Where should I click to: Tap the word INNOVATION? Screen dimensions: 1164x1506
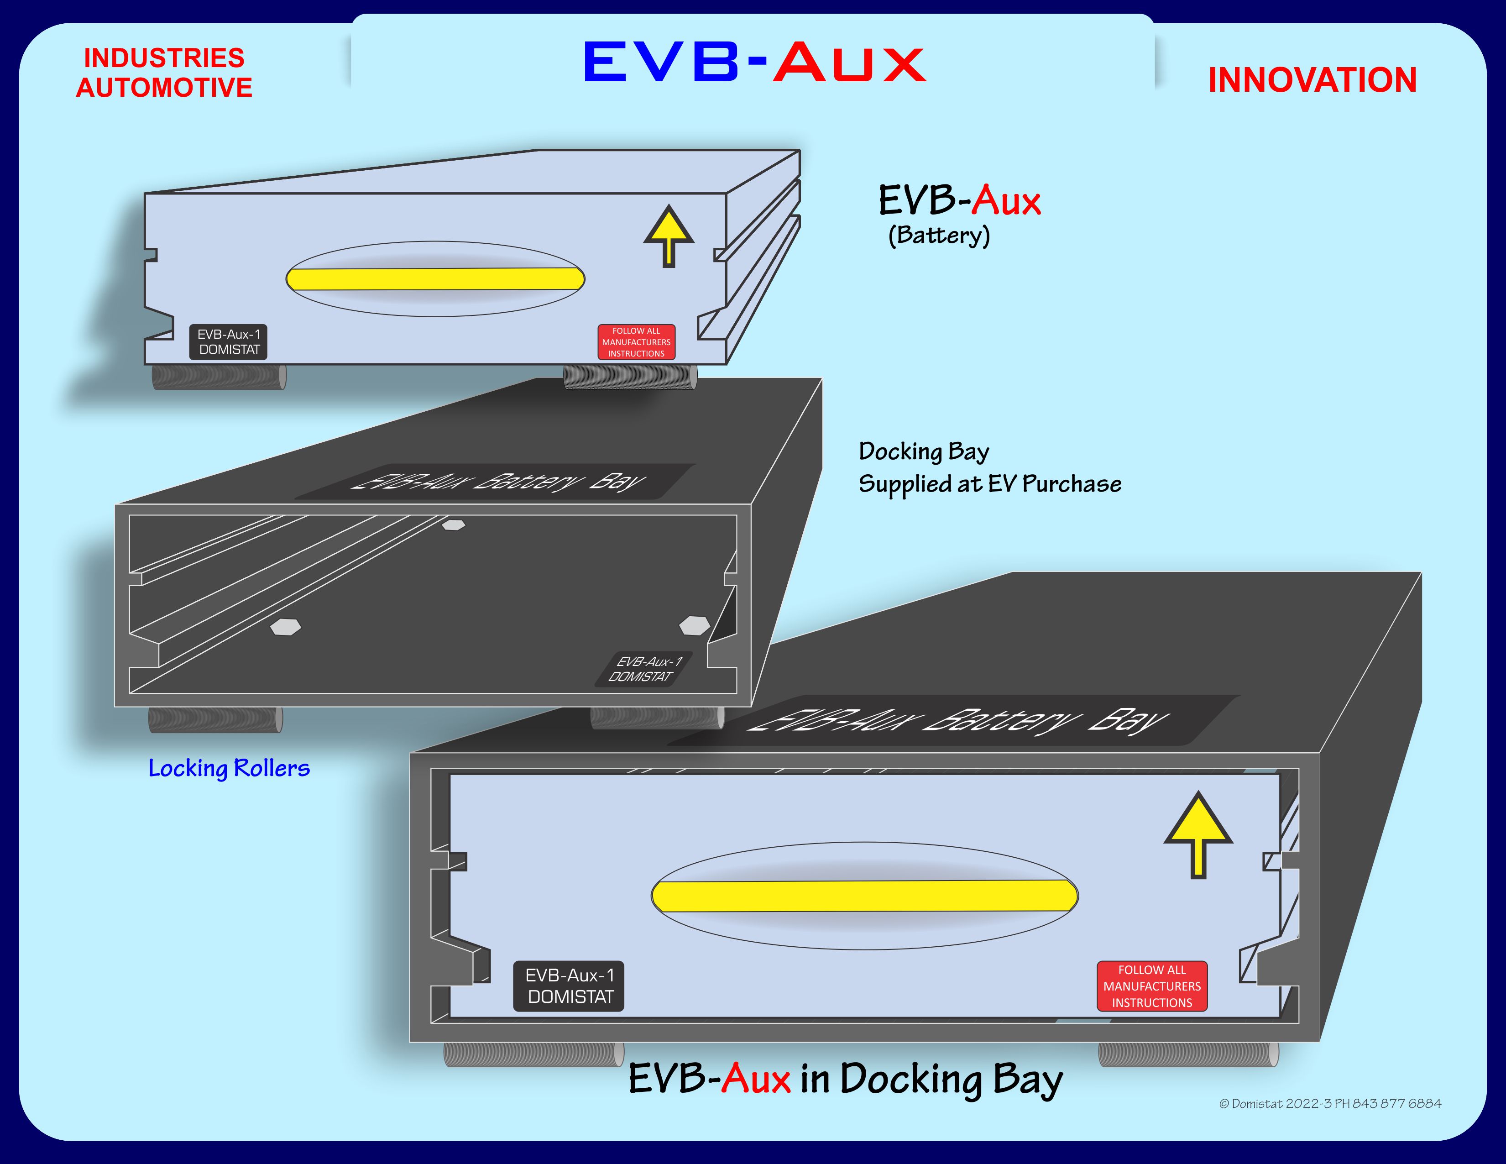(1312, 80)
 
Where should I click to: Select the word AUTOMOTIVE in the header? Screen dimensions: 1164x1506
(164, 88)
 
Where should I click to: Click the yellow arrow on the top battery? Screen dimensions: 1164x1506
(668, 235)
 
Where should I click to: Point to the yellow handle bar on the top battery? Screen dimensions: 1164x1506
(435, 278)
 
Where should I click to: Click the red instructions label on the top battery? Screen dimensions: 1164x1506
(636, 342)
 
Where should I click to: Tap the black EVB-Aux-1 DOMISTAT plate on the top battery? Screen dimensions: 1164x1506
(228, 342)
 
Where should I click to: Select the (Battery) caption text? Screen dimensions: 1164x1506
(938, 235)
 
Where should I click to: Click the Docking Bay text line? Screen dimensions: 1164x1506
(923, 451)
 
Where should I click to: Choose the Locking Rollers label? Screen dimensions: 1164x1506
(229, 767)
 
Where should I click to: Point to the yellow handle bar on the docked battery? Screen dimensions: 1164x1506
(864, 896)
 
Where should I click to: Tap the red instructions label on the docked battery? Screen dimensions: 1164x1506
(1151, 986)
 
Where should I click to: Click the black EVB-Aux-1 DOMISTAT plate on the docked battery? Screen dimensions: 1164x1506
(569, 986)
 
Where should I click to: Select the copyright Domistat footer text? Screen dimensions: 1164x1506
(1329, 1103)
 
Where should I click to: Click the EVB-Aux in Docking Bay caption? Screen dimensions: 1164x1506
(845, 1079)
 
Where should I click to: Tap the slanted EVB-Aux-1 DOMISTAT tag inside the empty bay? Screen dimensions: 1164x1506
(643, 669)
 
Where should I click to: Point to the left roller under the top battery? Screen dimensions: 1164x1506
(219, 377)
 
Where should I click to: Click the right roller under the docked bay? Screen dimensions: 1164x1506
(1187, 1054)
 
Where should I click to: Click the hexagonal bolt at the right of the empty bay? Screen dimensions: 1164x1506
(695, 625)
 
